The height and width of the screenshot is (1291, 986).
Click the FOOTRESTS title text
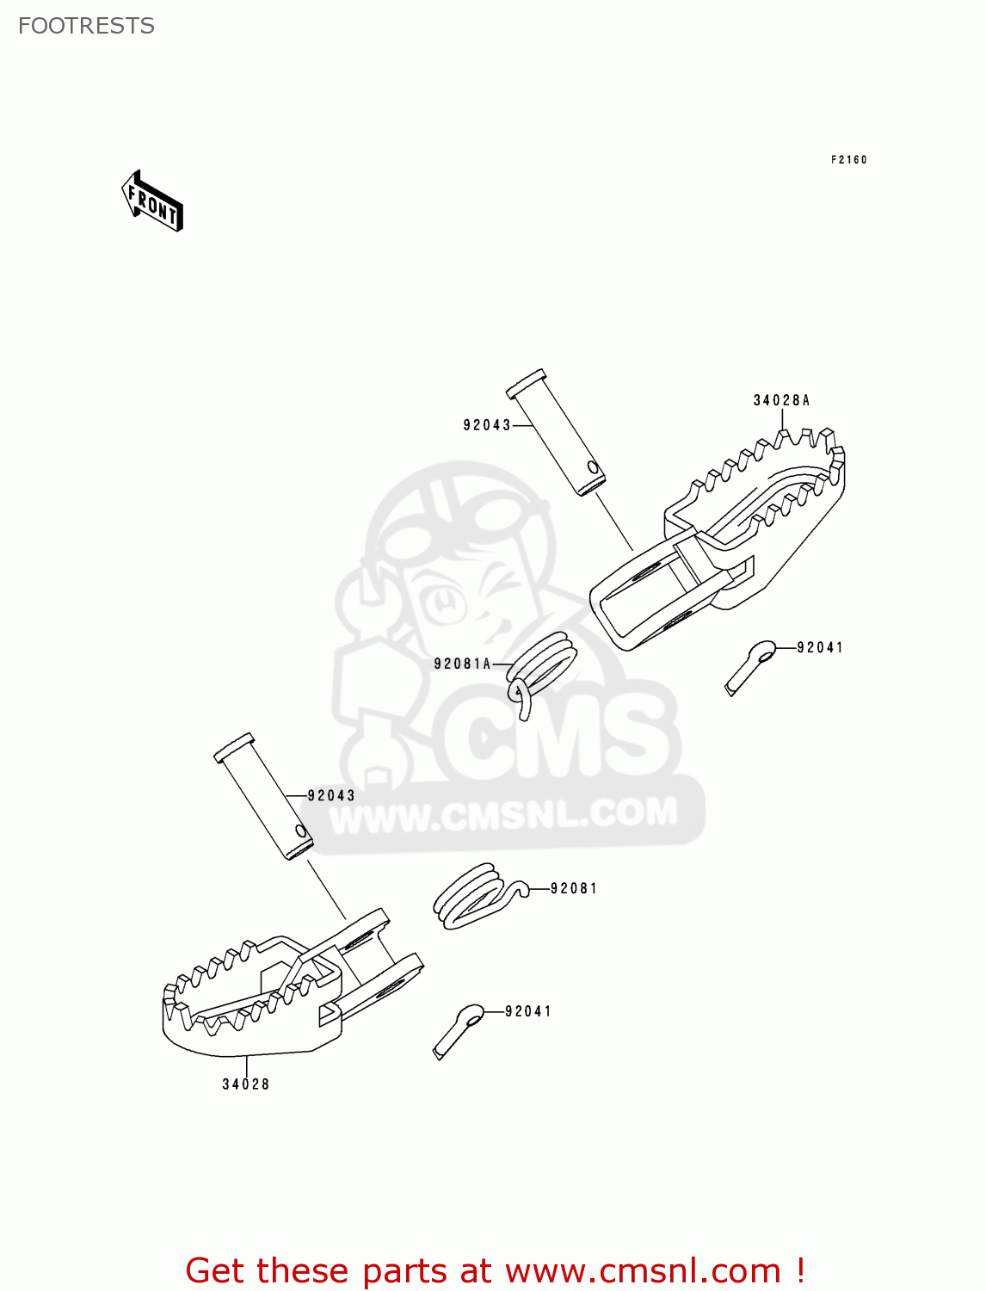click(x=86, y=26)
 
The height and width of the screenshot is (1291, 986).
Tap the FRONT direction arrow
click(x=152, y=202)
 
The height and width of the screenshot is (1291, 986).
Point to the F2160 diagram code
click(x=848, y=159)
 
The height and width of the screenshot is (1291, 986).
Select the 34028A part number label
click(x=781, y=400)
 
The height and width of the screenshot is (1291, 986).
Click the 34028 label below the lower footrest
click(x=246, y=1084)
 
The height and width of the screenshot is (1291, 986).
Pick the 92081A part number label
click(x=462, y=664)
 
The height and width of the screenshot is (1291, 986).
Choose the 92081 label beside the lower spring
click(x=574, y=888)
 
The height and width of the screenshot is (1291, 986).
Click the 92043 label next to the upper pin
click(x=486, y=425)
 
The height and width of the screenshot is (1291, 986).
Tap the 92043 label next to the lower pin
click(x=331, y=796)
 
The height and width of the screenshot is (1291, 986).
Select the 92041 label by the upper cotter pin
click(x=820, y=647)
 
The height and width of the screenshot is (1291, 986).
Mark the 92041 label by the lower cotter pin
click(x=528, y=1011)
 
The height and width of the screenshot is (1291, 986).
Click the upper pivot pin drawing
click(x=556, y=434)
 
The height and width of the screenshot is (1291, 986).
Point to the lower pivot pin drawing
click(x=263, y=796)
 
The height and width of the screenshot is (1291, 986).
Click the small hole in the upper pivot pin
click(x=591, y=468)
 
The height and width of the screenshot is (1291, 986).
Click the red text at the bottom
click(x=495, y=1270)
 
